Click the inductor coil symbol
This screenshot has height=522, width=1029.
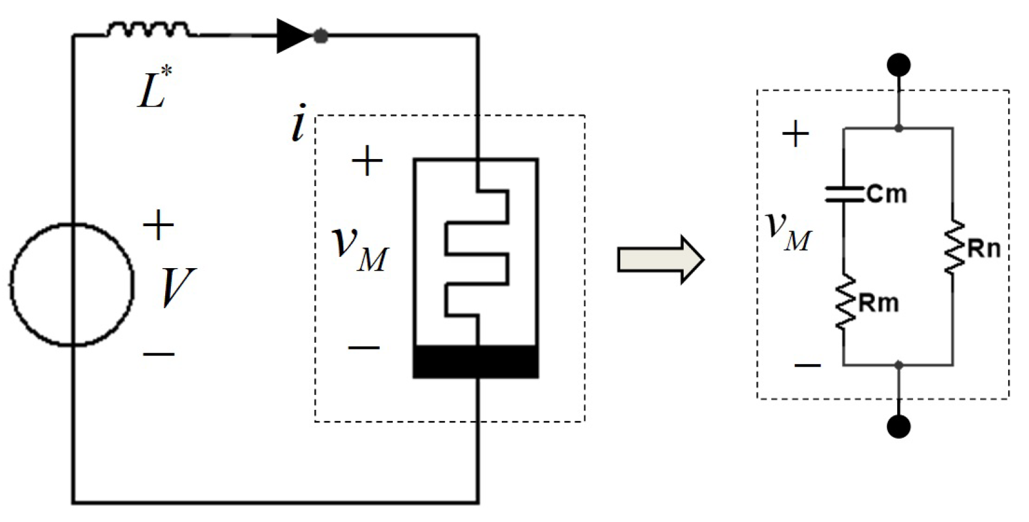coord(149,29)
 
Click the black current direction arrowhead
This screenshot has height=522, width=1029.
coord(293,36)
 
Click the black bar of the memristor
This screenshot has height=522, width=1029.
coord(475,362)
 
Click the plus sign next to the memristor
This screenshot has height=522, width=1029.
coord(367,161)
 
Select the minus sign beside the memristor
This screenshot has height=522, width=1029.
coord(364,348)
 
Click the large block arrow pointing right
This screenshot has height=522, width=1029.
coord(660,259)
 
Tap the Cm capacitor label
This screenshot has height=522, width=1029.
coord(887,195)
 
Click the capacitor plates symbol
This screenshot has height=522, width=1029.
coord(844,194)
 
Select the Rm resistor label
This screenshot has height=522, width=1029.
coord(879,303)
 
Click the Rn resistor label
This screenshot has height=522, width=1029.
coord(984,249)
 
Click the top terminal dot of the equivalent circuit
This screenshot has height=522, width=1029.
coord(898,64)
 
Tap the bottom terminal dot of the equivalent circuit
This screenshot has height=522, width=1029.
coord(898,426)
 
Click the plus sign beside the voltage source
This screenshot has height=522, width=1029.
coord(158,225)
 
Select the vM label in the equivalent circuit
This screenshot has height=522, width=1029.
coord(788,230)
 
